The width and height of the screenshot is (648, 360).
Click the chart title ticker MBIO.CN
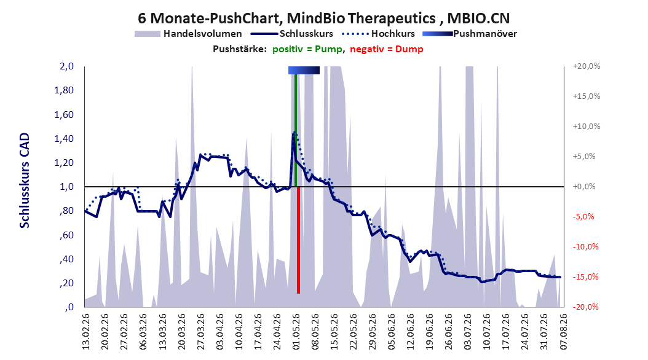478,18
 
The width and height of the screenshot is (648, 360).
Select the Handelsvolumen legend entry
188,34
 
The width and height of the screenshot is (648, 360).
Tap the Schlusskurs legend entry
292,34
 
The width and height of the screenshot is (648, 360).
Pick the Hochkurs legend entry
379,34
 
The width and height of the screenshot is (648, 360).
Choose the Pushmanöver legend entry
470,34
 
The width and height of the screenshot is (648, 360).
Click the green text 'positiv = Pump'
307,49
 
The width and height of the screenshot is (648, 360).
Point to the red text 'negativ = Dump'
387,49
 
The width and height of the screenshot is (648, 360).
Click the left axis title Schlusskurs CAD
25,181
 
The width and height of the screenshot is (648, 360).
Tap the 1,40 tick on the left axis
64,139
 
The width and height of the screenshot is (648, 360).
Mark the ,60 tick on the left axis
66,235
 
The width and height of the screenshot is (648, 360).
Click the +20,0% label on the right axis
587,66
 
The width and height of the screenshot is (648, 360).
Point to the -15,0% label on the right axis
585,277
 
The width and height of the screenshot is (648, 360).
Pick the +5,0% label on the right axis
585,157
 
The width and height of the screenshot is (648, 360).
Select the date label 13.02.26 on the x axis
86,332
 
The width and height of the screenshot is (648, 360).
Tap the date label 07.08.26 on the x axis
563,332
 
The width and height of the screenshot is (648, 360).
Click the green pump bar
296,130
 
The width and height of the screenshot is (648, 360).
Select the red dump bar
298,240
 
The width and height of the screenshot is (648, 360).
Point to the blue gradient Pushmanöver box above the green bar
304,70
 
